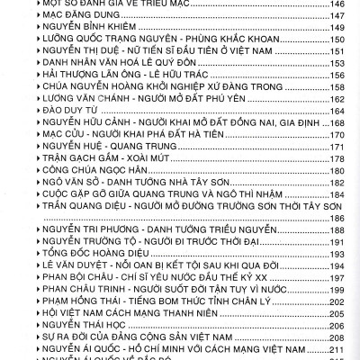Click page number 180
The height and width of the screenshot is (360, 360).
click(340, 169)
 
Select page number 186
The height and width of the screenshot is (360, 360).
click(340, 217)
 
